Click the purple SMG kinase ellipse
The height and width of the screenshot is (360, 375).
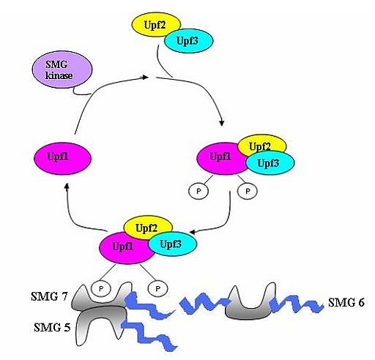point(62,70)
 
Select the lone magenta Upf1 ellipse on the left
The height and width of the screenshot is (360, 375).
point(62,158)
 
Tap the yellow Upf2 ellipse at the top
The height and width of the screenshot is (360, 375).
point(156,25)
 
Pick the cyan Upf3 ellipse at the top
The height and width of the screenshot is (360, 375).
point(188,41)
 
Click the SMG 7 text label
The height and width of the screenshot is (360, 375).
point(49,296)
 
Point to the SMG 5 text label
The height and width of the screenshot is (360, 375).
point(52,327)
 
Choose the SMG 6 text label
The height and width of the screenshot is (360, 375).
point(346,302)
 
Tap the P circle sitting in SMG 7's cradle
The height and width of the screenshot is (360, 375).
point(101,288)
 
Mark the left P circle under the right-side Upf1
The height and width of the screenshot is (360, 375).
point(198,191)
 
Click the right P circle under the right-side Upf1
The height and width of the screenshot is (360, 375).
point(248,191)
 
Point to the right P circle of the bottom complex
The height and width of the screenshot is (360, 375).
point(157,288)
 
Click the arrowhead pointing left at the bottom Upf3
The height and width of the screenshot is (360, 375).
point(193,232)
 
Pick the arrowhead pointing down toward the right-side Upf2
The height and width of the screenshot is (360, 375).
point(222,123)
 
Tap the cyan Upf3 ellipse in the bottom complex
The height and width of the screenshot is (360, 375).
point(172,244)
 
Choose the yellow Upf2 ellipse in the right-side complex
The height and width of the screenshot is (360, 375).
point(262,146)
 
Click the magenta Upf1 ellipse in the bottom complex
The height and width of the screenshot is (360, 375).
point(127,248)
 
